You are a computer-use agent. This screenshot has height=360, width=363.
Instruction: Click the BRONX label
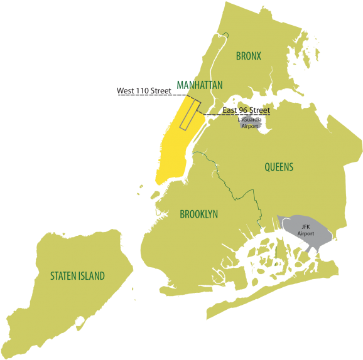pyautogui.click(x=249, y=56)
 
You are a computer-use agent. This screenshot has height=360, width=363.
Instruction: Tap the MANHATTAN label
pyautogui.click(x=200, y=85)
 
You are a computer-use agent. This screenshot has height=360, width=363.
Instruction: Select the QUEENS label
pyautogui.click(x=279, y=167)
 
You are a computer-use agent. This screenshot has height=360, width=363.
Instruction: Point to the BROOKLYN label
pyautogui.click(x=199, y=214)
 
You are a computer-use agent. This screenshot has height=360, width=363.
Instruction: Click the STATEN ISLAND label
pyautogui.click(x=78, y=276)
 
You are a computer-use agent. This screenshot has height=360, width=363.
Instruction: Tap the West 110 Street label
pyautogui.click(x=144, y=91)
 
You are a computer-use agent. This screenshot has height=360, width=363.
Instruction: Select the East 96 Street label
pyautogui.click(x=246, y=111)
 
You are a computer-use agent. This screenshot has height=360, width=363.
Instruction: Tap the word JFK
pyautogui.click(x=306, y=226)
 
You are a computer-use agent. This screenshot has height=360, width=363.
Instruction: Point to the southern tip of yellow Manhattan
pyautogui.click(x=160, y=182)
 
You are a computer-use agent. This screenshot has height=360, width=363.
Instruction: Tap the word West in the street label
pyautogui.click(x=125, y=91)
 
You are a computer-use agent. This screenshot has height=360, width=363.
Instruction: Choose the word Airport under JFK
pyautogui.click(x=306, y=234)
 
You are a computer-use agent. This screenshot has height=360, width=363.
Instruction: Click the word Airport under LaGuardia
pyautogui.click(x=249, y=126)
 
